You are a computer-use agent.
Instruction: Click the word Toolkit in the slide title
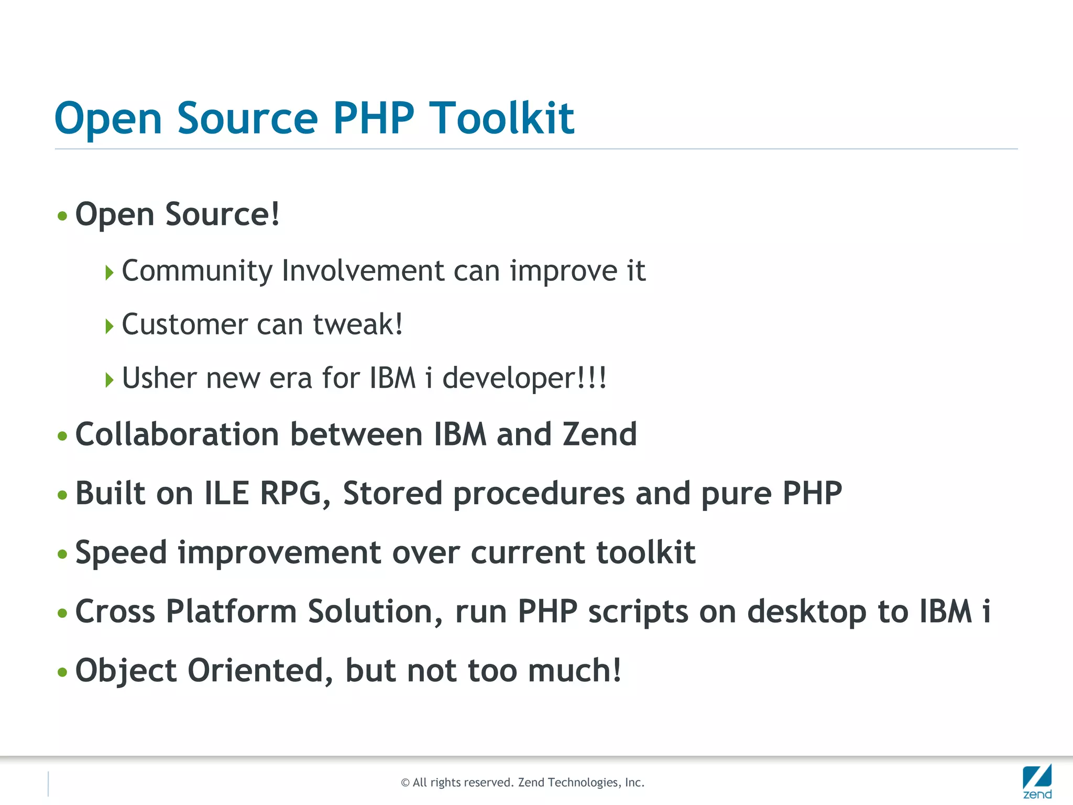[x=501, y=118]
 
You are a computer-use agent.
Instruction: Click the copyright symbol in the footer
[x=405, y=783]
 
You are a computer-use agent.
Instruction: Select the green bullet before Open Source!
[x=62, y=216]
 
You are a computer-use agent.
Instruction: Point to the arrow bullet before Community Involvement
[x=109, y=273]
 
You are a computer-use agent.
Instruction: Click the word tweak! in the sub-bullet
[x=358, y=324]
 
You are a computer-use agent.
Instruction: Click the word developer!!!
[x=524, y=379]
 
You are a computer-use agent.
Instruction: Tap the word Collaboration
[x=177, y=434]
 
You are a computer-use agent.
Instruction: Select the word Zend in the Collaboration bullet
[x=599, y=434]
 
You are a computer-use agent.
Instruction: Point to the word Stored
[x=392, y=494]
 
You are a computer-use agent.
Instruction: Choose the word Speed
[x=121, y=553]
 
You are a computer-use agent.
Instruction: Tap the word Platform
[x=231, y=612]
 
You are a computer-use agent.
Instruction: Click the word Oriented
[x=260, y=671]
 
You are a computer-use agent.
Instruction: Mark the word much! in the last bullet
[x=575, y=671]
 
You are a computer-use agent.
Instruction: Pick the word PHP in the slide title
[x=374, y=118]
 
